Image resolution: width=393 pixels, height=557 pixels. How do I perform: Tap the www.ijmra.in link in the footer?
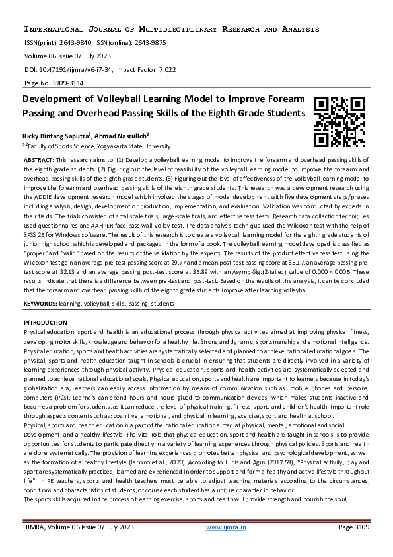[227, 527]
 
